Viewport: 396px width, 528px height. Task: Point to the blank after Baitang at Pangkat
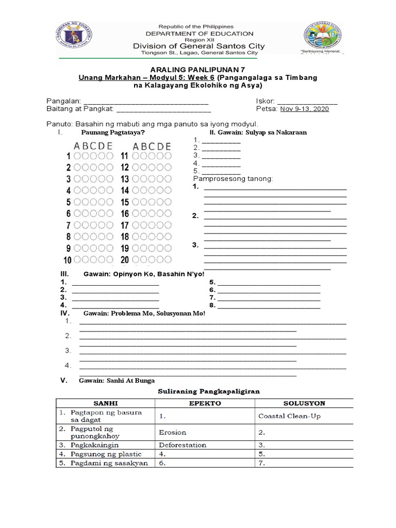(163, 109)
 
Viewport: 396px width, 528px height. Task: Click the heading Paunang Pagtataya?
(112, 133)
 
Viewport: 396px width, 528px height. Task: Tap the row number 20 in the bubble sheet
(124, 260)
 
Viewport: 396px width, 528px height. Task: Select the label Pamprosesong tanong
(232, 178)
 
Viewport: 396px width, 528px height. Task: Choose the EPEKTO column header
(204, 403)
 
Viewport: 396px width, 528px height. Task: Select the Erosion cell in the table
(172, 432)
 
